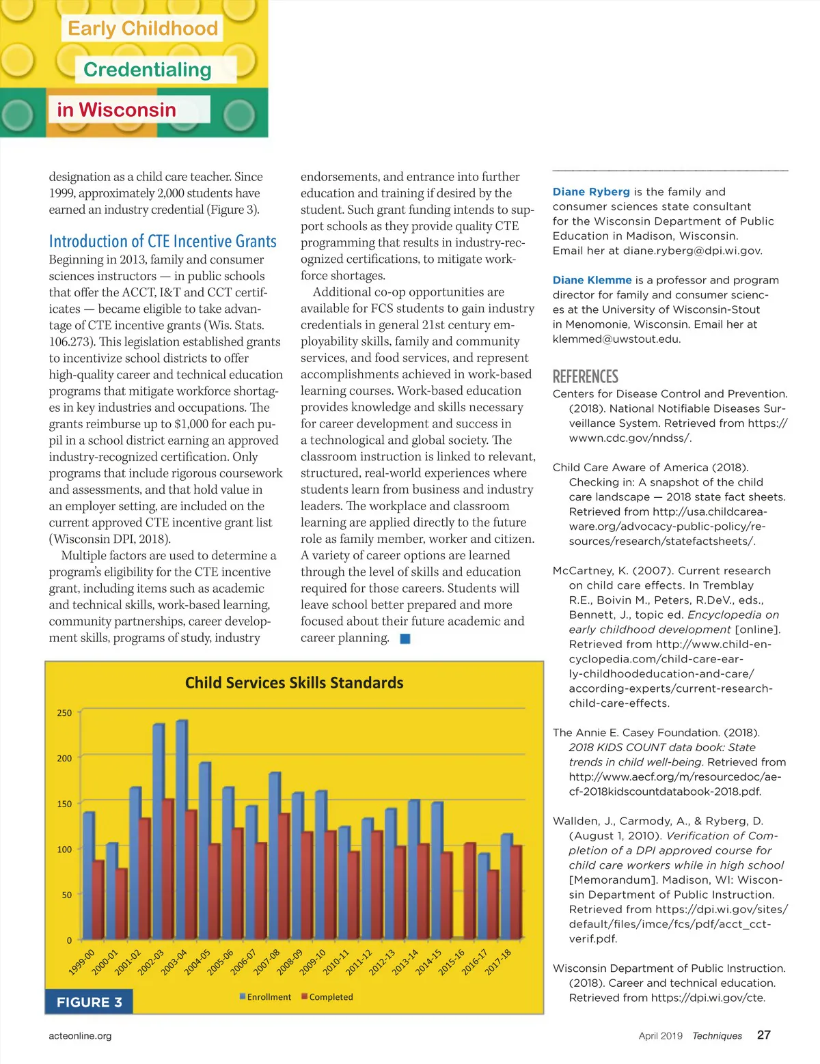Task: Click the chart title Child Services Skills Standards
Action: (x=294, y=683)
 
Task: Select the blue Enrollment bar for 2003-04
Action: (x=181, y=830)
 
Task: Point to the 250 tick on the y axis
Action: (x=64, y=713)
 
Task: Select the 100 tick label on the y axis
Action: (x=64, y=850)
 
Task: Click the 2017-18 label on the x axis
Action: (x=498, y=962)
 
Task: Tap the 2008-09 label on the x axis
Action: (x=289, y=962)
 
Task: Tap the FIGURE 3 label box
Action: (x=89, y=1002)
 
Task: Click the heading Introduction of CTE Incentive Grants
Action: (x=163, y=241)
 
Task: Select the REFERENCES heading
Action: (x=585, y=377)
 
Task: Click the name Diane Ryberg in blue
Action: (x=591, y=192)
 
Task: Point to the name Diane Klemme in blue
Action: (x=592, y=280)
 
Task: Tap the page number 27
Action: (x=763, y=1035)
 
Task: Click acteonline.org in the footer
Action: (x=80, y=1036)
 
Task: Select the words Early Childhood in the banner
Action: (x=143, y=29)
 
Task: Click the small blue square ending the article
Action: (x=405, y=639)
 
